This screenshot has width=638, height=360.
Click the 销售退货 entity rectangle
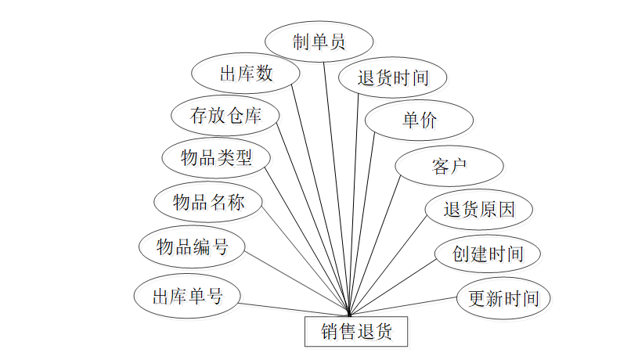click(x=356, y=332)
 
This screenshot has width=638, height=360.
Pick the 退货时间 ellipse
click(x=393, y=77)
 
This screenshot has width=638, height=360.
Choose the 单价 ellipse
click(x=420, y=121)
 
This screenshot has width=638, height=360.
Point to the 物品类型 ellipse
click(x=216, y=158)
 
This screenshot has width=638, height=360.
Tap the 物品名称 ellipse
click(x=208, y=203)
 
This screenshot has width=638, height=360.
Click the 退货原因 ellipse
click(x=479, y=210)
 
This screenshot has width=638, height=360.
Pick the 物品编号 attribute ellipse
click(x=192, y=248)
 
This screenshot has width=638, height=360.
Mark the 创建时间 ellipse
click(x=488, y=254)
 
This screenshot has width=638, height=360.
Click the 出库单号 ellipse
click(x=186, y=297)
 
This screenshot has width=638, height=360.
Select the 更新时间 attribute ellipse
click(x=503, y=298)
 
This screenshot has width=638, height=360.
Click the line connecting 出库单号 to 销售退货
click(x=294, y=309)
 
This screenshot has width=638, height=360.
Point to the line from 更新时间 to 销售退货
click(x=403, y=306)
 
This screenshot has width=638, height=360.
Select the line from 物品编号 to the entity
click(x=296, y=283)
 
